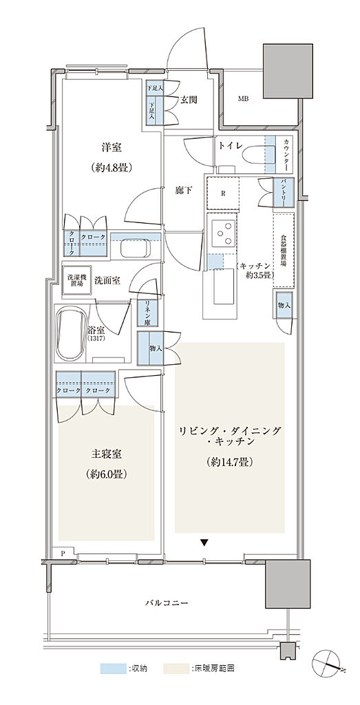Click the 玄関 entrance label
189,99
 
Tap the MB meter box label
244,99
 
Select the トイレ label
229,146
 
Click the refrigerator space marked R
222,193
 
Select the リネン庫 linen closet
147,313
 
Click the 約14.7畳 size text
231,462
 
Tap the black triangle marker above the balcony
204,543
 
